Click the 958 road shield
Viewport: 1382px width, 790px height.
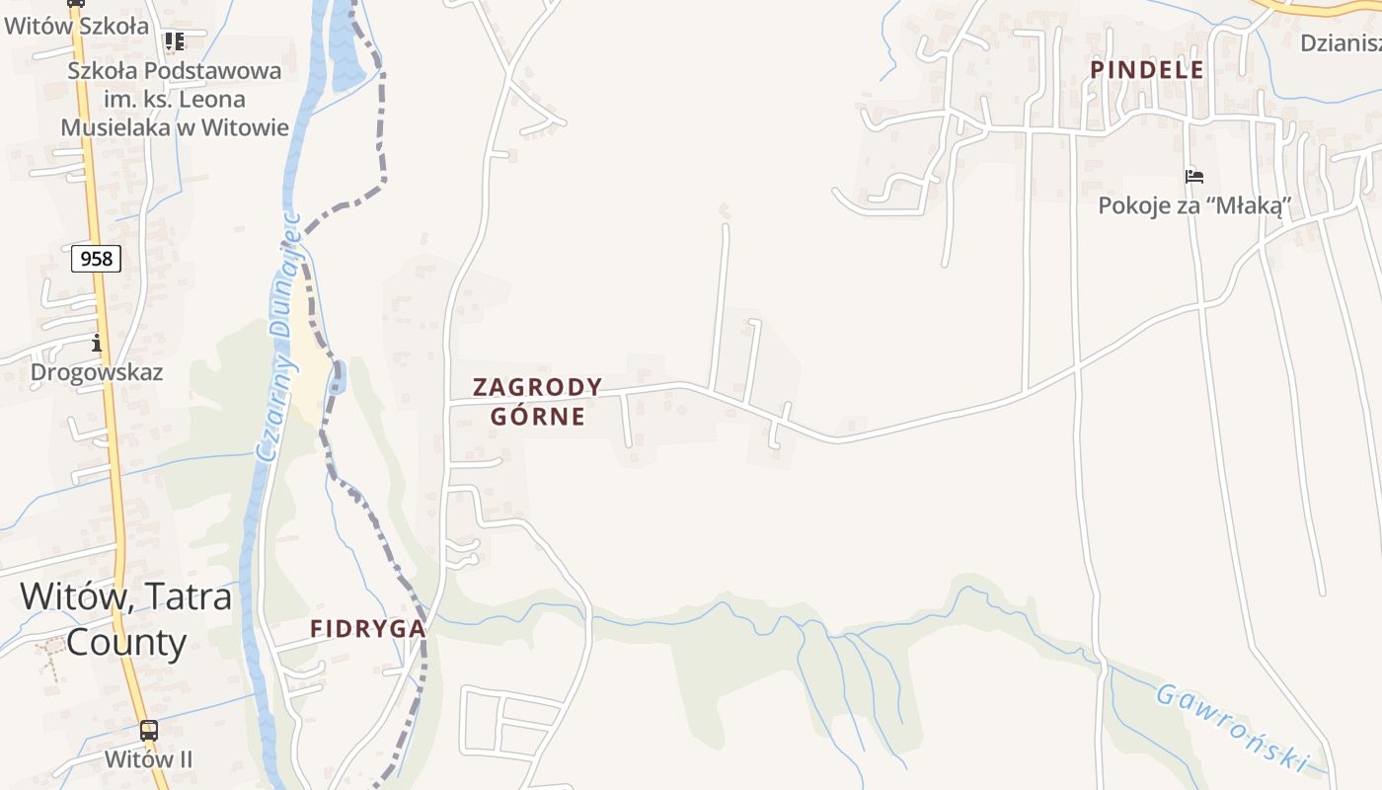[x=96, y=259]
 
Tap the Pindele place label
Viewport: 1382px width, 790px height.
[x=1147, y=69]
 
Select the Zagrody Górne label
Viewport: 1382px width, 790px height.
[x=538, y=401]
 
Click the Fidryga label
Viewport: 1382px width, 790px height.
[x=367, y=628]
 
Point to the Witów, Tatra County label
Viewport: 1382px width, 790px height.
[x=126, y=619]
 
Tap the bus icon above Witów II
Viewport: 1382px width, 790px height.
[x=148, y=732]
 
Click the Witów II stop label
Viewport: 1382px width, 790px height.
[x=148, y=759]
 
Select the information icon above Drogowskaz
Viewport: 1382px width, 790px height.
[x=97, y=344]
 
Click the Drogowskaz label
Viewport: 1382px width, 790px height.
[x=97, y=372]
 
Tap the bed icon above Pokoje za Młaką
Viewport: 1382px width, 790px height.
[x=1194, y=177]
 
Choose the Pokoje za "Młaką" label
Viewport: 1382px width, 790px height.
[x=1194, y=205]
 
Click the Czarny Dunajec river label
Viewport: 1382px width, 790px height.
[x=278, y=336]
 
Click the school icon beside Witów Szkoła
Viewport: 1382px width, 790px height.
[x=175, y=41]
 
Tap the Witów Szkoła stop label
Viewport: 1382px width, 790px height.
[x=76, y=27]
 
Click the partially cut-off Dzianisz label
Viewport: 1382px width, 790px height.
[x=1341, y=42]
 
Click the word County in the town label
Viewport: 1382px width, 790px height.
[x=126, y=643]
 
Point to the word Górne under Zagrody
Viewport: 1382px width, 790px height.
[x=538, y=416]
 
